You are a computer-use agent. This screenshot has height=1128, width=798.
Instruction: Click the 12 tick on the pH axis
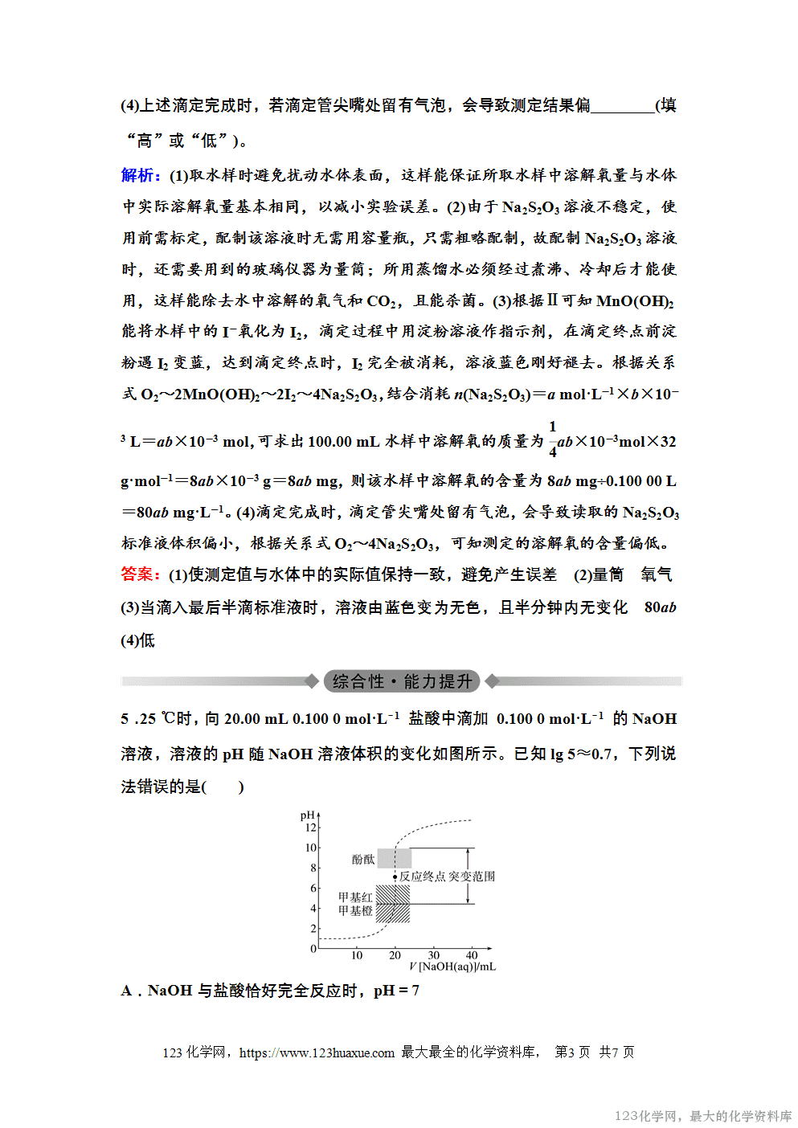tap(311, 828)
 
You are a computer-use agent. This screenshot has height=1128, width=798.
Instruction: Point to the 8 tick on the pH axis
tap(313, 868)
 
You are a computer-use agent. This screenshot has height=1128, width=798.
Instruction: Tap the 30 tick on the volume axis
tap(433, 955)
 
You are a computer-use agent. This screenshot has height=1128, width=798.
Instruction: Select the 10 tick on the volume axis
tap(357, 955)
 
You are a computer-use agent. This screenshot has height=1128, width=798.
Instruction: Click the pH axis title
tap(307, 815)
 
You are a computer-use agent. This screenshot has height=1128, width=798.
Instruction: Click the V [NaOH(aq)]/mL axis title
tap(452, 967)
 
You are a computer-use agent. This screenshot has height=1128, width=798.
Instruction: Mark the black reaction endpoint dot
tap(395, 877)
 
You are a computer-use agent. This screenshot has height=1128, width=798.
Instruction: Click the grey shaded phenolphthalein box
tap(394, 858)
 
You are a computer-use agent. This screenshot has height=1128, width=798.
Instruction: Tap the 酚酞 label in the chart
tap(363, 860)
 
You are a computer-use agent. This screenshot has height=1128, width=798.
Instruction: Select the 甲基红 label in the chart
tap(355, 897)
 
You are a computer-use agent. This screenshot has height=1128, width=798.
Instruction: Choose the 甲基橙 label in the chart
tap(355, 911)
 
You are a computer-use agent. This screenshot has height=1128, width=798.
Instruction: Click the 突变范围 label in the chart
tap(472, 877)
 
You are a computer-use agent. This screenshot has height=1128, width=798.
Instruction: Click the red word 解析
tap(140, 175)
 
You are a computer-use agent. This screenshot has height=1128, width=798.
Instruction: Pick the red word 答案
tap(140, 574)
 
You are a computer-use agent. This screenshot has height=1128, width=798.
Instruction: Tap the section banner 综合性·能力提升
tap(402, 681)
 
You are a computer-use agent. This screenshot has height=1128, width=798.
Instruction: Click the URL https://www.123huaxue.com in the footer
tap(317, 1052)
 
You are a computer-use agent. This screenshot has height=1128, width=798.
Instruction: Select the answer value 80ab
tap(660, 607)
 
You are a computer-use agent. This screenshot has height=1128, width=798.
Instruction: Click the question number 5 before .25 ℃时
tap(125, 719)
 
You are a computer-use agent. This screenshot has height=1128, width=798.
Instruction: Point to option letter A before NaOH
tap(126, 991)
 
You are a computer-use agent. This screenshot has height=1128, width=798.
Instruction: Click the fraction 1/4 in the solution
tap(552, 439)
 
